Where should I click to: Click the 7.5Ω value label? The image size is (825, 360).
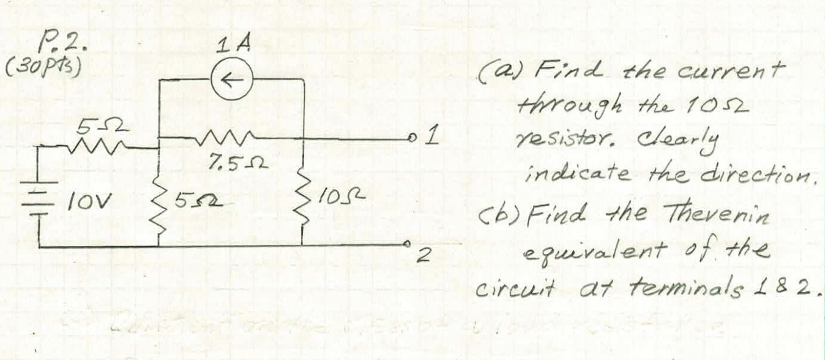click(227, 163)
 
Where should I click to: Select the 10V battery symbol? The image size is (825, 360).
click(40, 196)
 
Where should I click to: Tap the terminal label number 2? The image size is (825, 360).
click(420, 258)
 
